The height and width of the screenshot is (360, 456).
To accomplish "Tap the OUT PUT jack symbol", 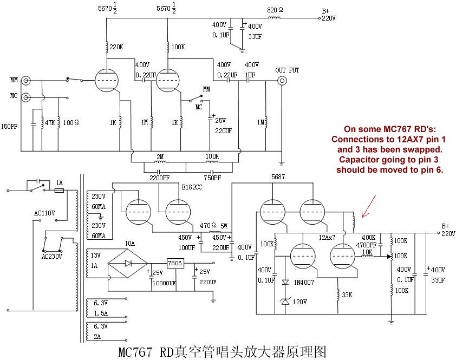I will click(x=282, y=81).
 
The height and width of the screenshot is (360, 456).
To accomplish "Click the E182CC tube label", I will click(x=192, y=187).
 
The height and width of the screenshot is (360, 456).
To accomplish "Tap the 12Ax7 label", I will click(x=328, y=238).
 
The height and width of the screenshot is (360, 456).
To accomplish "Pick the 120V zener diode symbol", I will click(x=285, y=301).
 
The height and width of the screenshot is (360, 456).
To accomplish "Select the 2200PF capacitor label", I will click(x=159, y=178).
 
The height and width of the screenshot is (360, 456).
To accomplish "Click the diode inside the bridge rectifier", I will click(x=128, y=264).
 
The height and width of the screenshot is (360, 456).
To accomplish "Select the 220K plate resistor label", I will click(x=116, y=48).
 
